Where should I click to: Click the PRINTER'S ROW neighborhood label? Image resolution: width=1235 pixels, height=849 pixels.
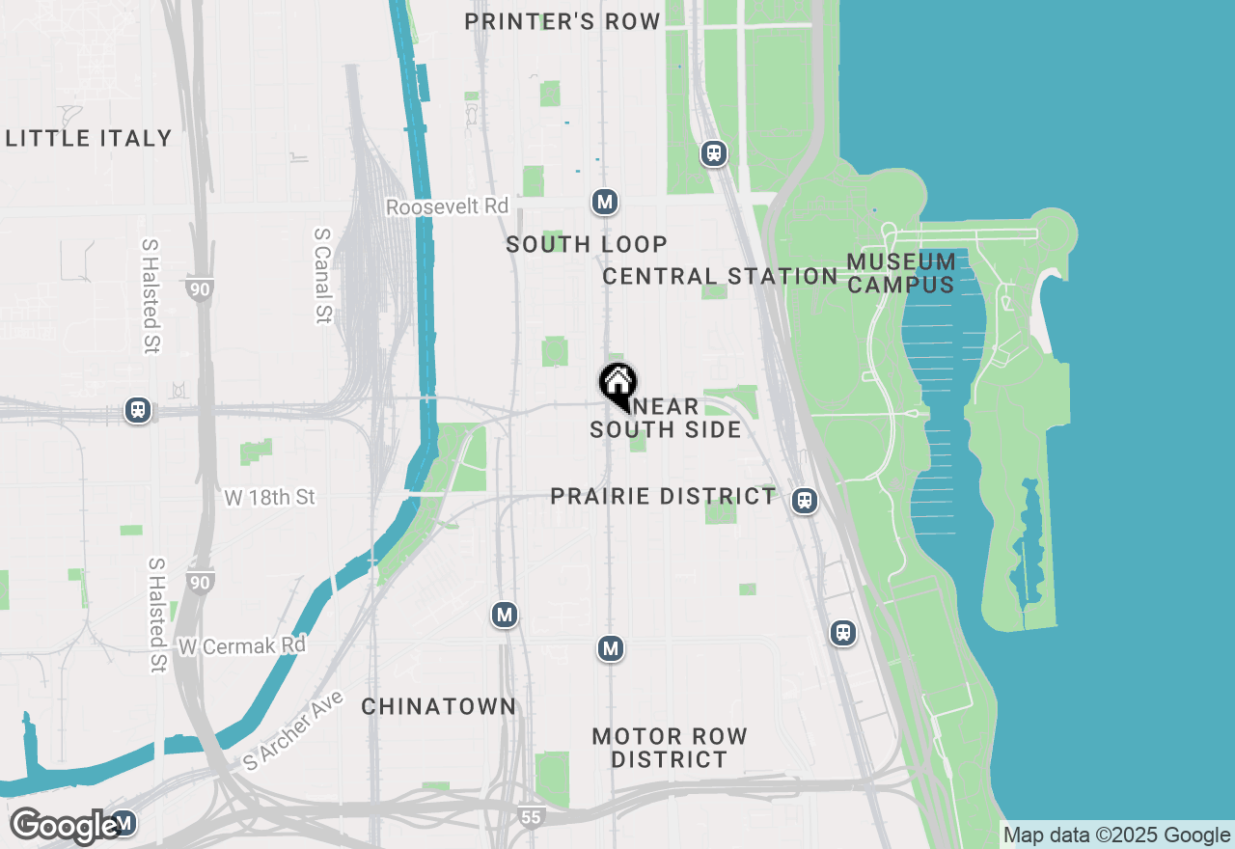click(x=563, y=21)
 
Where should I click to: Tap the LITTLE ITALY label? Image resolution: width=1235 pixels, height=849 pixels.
click(x=89, y=138)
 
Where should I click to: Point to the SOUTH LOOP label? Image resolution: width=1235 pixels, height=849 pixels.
click(x=587, y=245)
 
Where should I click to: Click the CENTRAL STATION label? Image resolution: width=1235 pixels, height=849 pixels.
click(x=720, y=277)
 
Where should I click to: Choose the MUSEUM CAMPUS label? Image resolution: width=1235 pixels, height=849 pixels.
click(x=901, y=273)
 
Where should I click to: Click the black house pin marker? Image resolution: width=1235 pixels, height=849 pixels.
click(x=617, y=384)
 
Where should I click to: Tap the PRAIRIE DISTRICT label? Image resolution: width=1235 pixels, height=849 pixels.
click(x=663, y=497)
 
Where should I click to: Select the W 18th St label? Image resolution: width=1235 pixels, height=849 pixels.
click(x=270, y=498)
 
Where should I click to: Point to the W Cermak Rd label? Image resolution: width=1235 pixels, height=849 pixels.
click(x=242, y=645)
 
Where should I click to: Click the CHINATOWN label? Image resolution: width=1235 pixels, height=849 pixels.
click(x=439, y=707)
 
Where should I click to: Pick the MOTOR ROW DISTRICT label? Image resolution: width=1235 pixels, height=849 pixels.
click(x=670, y=748)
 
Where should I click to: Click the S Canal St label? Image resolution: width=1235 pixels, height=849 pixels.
click(x=323, y=276)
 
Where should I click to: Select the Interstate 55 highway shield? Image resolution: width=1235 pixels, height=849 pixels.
click(x=530, y=816)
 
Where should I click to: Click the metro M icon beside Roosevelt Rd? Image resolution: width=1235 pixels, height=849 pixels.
click(x=605, y=202)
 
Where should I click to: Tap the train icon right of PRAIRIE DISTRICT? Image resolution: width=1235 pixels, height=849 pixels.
click(x=805, y=501)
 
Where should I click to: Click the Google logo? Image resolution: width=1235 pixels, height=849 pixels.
click(x=66, y=826)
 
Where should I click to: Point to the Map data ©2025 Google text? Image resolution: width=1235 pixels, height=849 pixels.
click(x=1116, y=835)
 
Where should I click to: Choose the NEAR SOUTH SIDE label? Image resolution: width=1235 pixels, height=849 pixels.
click(x=666, y=419)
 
